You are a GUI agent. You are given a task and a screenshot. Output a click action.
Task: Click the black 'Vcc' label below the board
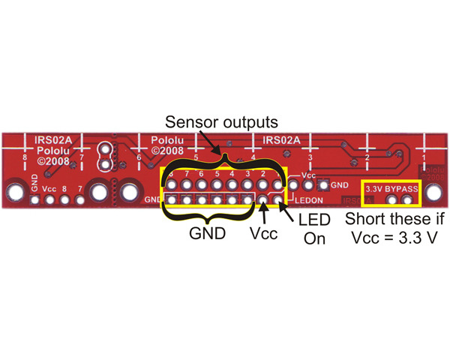pyautogui.click(x=263, y=233)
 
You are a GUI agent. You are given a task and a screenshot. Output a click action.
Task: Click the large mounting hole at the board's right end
pyautogui.click(x=433, y=193)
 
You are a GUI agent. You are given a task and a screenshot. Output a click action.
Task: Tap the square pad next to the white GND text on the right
pyautogui.click(x=323, y=184)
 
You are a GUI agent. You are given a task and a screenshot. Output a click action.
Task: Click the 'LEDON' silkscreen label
pyautogui.click(x=309, y=201)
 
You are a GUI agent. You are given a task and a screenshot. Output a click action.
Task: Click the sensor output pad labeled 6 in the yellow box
pyautogui.click(x=202, y=184)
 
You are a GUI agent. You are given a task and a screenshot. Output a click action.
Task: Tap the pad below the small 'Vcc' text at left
pyautogui.click(x=49, y=200)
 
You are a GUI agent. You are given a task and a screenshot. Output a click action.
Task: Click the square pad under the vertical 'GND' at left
pyautogui.click(x=34, y=200)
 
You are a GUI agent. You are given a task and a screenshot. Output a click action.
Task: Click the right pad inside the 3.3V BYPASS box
pyautogui.click(x=408, y=200)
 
